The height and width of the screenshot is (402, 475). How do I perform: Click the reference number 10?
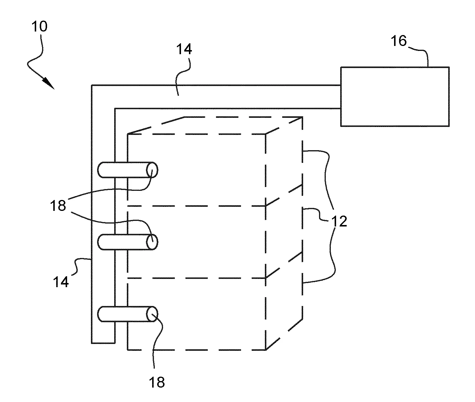point(39,27)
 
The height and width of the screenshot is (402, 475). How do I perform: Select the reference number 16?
point(399,41)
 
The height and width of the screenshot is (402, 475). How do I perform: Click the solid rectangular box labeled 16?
point(395,97)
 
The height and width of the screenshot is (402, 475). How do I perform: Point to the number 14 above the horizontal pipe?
point(184,49)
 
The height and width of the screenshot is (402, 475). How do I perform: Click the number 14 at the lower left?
point(61,282)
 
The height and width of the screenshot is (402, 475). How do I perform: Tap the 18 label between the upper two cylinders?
point(58,205)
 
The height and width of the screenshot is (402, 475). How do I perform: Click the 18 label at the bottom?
point(157,383)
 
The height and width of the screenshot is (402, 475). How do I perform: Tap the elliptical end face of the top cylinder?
point(152,170)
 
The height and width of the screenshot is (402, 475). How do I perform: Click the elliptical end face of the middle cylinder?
point(152,242)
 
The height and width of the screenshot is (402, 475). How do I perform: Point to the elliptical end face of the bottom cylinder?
point(152,314)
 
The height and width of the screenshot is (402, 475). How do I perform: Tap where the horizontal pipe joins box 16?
point(341,97)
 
